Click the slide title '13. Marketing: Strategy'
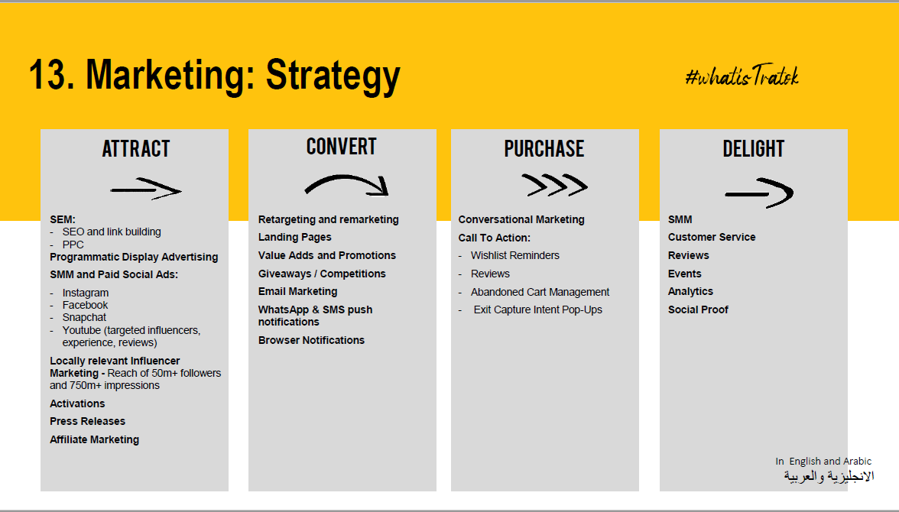214,75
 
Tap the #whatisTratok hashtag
742,75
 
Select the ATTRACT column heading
136,148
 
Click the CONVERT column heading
341,146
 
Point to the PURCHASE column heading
544,148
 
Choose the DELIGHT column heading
754,148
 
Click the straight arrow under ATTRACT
146,190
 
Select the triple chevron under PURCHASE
554,185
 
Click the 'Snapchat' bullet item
84,318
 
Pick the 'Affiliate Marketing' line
95,439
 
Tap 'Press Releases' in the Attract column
87,421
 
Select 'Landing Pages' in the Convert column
295,238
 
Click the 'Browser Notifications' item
311,340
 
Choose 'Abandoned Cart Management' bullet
540,292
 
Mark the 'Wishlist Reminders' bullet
515,256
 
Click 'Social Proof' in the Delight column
698,309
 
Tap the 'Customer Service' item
712,238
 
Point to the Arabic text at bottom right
829,476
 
